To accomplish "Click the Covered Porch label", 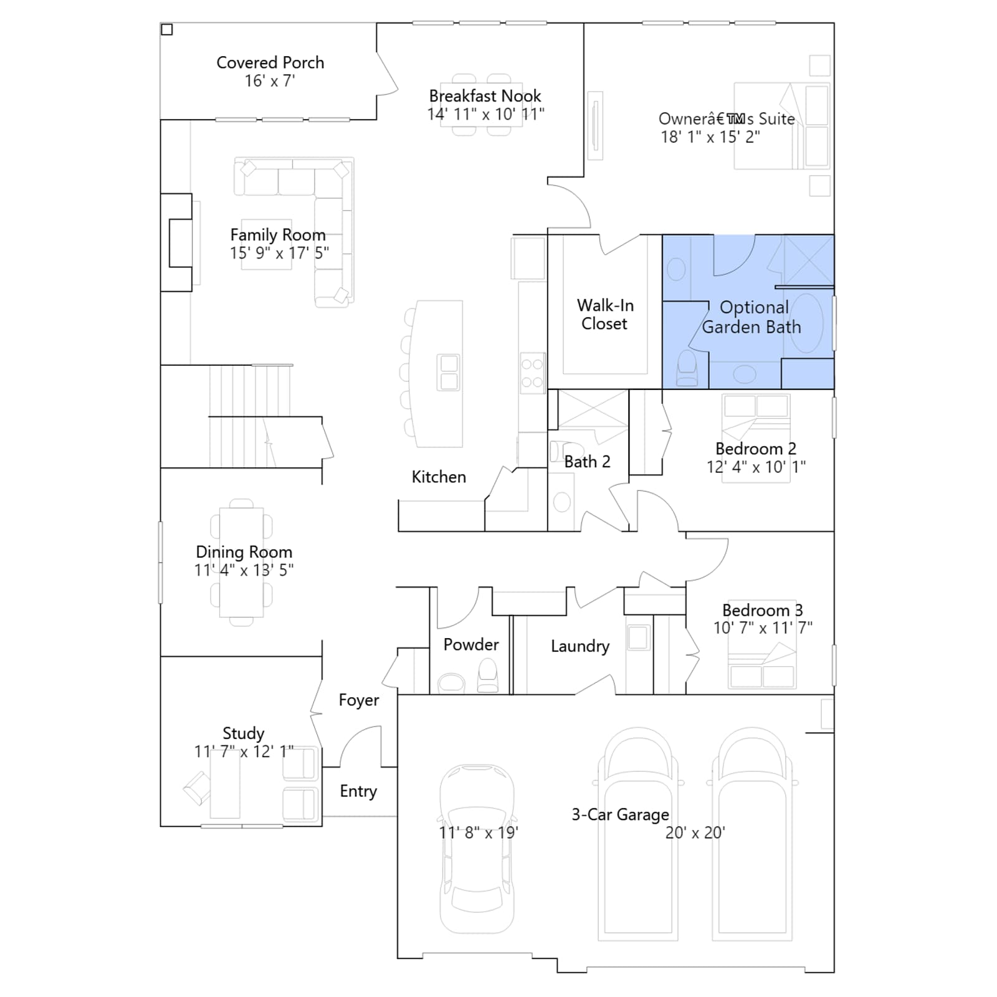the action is click(270, 63).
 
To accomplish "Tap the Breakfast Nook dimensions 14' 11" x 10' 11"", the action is click(485, 115).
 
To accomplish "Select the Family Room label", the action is click(278, 235).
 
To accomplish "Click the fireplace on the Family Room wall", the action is click(177, 243).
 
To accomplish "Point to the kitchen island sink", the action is click(449, 372).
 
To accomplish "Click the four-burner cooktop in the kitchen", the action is click(532, 373).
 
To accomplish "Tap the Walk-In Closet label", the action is click(605, 315).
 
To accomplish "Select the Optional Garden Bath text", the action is click(752, 317).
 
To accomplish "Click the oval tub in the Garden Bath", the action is click(806, 323).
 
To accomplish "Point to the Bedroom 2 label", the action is click(756, 449).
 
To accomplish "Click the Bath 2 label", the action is click(587, 462).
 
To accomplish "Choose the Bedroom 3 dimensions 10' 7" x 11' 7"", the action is click(763, 628).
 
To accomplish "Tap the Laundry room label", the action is click(580, 646).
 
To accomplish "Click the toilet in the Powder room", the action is click(488, 675).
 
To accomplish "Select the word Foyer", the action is click(359, 700).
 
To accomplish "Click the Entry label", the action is click(358, 791).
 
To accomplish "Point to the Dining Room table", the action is click(241, 563).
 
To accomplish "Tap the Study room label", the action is click(244, 733).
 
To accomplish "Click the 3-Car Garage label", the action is click(621, 814).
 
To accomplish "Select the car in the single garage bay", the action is click(477, 849).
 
